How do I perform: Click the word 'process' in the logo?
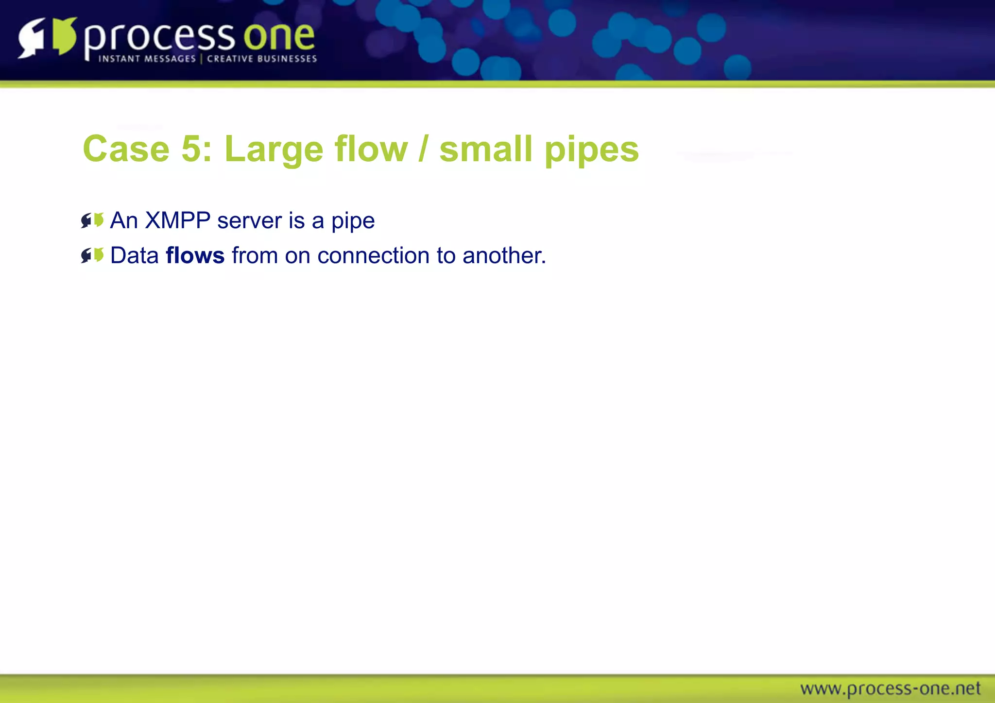point(159,38)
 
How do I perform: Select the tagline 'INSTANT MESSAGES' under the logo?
point(147,59)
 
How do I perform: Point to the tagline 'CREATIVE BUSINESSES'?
point(262,59)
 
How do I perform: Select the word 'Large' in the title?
point(274,150)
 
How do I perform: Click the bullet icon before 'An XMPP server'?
point(92,220)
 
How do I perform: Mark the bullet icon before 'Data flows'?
point(92,255)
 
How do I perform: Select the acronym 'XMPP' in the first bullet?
point(177,220)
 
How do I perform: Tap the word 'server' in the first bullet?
point(249,221)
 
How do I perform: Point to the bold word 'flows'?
point(195,255)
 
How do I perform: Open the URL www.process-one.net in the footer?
point(890,688)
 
